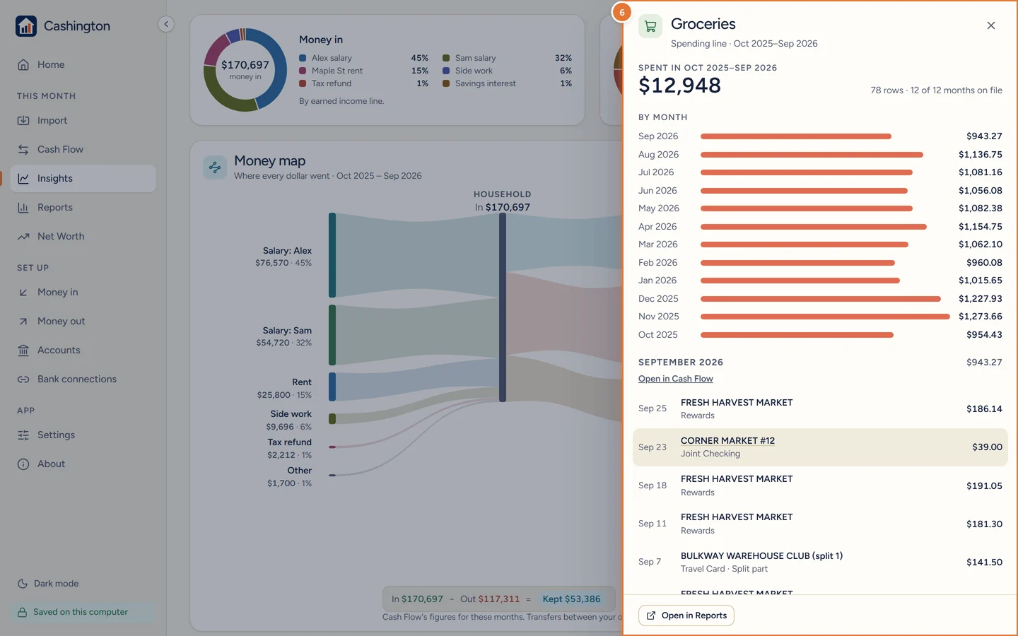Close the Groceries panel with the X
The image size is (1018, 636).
(x=990, y=25)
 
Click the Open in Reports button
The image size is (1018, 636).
(x=686, y=615)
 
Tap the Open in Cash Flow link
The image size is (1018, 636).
(x=675, y=379)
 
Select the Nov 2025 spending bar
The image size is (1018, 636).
(x=825, y=317)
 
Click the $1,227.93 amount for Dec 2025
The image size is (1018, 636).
(x=980, y=298)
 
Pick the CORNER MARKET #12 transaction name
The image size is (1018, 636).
(x=727, y=441)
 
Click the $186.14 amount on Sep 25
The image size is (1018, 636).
(x=984, y=408)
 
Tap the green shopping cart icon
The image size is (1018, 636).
(x=650, y=26)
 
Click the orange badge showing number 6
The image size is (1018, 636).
(x=621, y=12)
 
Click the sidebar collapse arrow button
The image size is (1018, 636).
(x=166, y=24)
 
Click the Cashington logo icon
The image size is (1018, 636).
(x=26, y=26)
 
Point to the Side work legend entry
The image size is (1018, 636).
(x=467, y=71)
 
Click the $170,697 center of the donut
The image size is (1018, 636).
(x=245, y=65)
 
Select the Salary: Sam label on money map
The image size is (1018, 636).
(x=287, y=330)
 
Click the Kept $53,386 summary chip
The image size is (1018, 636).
(x=571, y=599)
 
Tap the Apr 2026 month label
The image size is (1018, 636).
(x=657, y=226)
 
